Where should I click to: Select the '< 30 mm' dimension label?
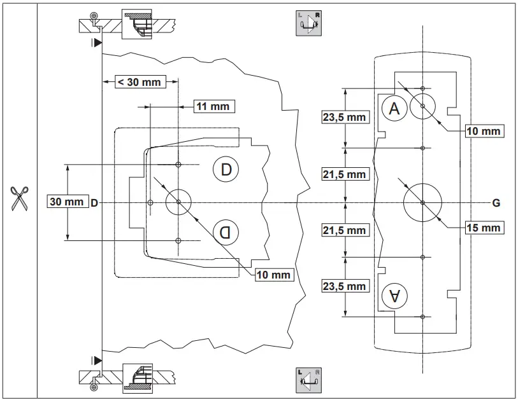138,81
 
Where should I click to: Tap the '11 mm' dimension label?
212,106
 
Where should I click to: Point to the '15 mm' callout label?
482,227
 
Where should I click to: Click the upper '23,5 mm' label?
345,117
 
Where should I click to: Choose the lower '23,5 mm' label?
345,286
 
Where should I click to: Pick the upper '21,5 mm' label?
345,174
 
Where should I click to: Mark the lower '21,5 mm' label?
345,230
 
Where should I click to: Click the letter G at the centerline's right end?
496,203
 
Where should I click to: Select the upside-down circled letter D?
226,231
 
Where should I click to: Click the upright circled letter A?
394,109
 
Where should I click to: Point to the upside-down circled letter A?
394,296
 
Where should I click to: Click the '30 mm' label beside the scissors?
67,202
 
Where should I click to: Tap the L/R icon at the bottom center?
310,378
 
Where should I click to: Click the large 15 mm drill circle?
422,203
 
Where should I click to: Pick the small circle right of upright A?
422,107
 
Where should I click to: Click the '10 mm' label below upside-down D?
274,275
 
